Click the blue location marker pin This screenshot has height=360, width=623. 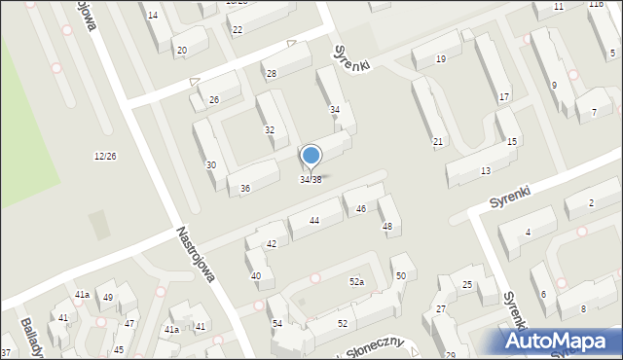(311, 157)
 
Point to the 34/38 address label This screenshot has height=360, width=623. (310, 179)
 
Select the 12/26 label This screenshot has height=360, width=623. (105, 157)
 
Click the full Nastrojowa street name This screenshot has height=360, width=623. (195, 255)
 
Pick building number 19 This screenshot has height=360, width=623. (441, 59)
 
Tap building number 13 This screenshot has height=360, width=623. (486, 171)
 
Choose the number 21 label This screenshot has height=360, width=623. (438, 142)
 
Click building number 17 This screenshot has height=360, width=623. (504, 97)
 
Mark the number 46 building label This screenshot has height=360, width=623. (361, 209)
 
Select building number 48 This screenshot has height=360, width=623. (387, 227)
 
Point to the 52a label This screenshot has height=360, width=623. (357, 281)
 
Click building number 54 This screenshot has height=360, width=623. (277, 323)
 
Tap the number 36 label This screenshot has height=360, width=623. (245, 189)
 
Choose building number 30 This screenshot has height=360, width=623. (210, 165)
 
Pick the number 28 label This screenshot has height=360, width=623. (272, 74)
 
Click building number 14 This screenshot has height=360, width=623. (152, 16)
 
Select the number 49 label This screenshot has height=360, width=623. (108, 298)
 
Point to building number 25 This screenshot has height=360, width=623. (467, 284)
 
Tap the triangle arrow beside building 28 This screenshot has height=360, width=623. (291, 44)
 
